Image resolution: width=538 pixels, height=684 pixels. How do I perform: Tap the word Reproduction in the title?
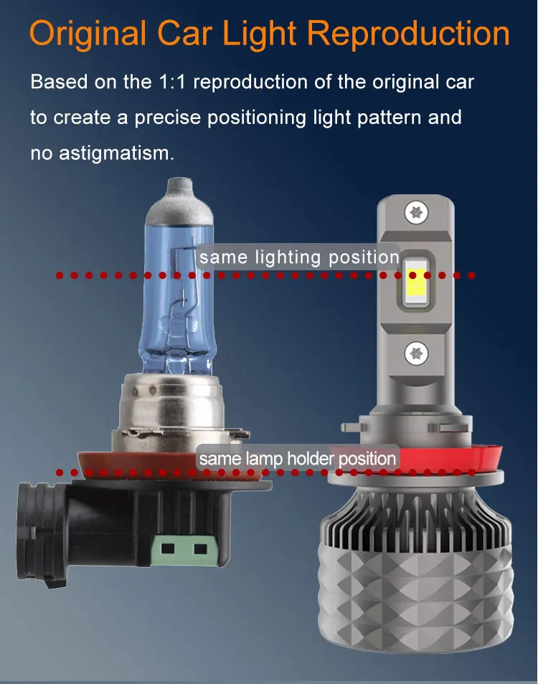point(408,33)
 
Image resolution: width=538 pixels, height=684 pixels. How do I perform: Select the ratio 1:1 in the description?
point(172,82)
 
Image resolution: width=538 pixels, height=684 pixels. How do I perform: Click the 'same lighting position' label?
point(299,257)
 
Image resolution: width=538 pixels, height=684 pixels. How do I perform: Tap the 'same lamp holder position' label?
point(298,458)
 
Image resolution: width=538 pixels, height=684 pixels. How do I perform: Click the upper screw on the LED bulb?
point(416,213)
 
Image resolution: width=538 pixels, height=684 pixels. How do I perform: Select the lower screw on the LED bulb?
point(416,353)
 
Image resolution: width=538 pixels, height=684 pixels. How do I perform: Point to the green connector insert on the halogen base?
point(184,549)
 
